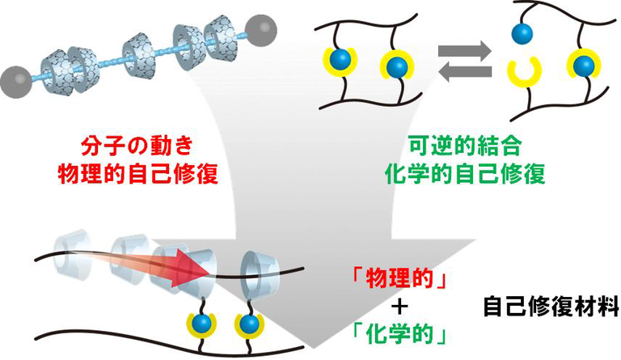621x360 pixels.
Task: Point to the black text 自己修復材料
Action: (551, 307)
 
